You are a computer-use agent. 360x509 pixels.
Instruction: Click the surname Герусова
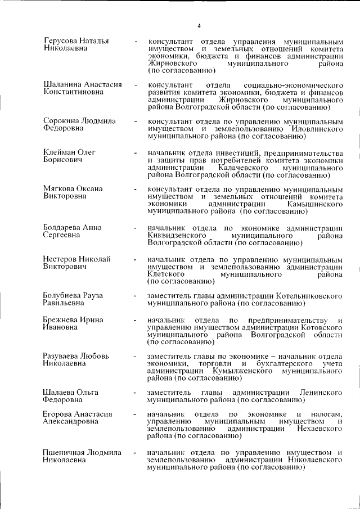click(x=61, y=41)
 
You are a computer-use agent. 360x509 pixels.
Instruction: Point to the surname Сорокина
click(x=62, y=121)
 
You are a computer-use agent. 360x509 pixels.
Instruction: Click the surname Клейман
click(x=60, y=152)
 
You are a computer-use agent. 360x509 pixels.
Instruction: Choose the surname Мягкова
click(x=59, y=189)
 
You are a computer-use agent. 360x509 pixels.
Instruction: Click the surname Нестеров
click(x=61, y=259)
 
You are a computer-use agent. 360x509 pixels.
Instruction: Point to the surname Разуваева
click(x=63, y=356)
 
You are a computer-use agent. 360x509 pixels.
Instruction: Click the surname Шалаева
click(x=59, y=392)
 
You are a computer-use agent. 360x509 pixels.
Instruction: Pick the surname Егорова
click(x=59, y=415)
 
